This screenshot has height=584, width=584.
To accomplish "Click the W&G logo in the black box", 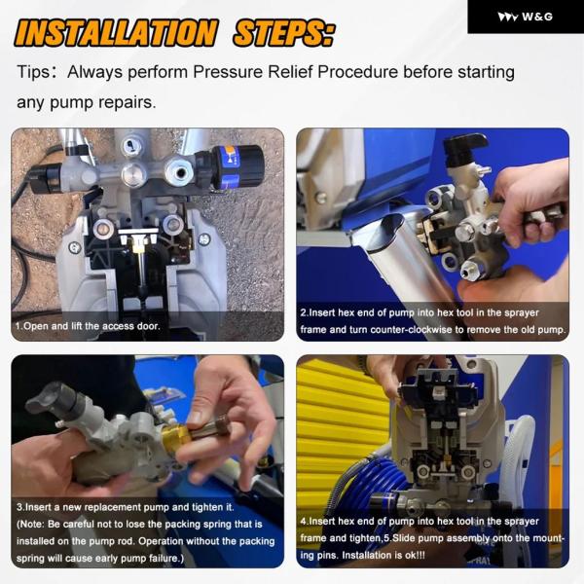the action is click(x=526, y=17).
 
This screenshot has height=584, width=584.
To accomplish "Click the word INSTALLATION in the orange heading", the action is click(x=116, y=33).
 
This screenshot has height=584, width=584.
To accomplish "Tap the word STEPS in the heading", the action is click(x=284, y=33).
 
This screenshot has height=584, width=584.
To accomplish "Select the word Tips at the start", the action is click(x=33, y=72).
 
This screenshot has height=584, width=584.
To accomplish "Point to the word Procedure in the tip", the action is click(x=357, y=72).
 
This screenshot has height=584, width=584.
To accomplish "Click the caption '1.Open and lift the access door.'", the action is click(x=88, y=326).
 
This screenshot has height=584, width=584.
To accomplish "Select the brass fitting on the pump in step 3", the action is click(x=177, y=439).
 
